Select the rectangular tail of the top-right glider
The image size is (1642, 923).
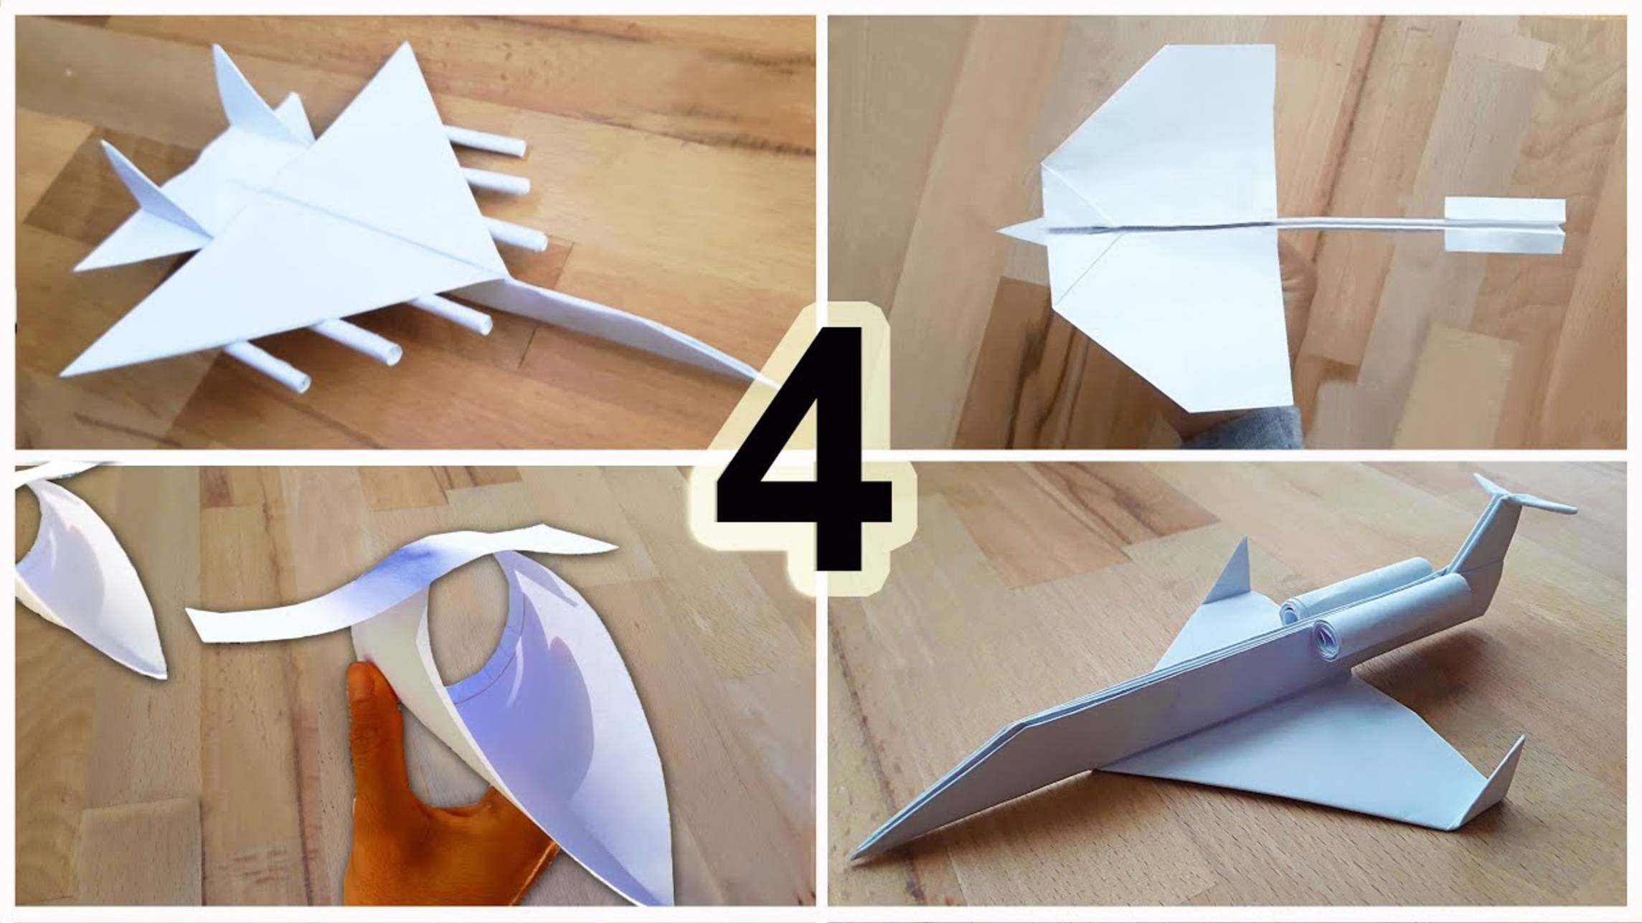click(1504, 224)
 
